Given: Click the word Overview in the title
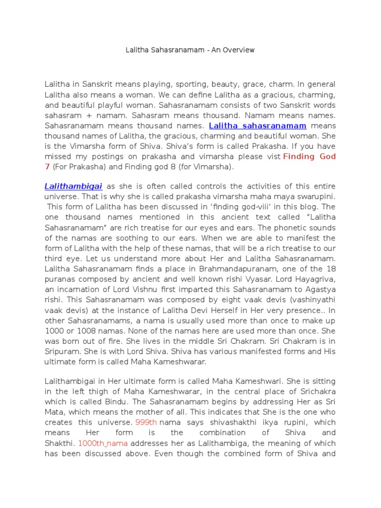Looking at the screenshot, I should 239,50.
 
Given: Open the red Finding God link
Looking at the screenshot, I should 309,157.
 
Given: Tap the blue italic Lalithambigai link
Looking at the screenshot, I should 73,187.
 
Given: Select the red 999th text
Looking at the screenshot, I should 146,422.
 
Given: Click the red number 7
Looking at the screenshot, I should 47,167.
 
